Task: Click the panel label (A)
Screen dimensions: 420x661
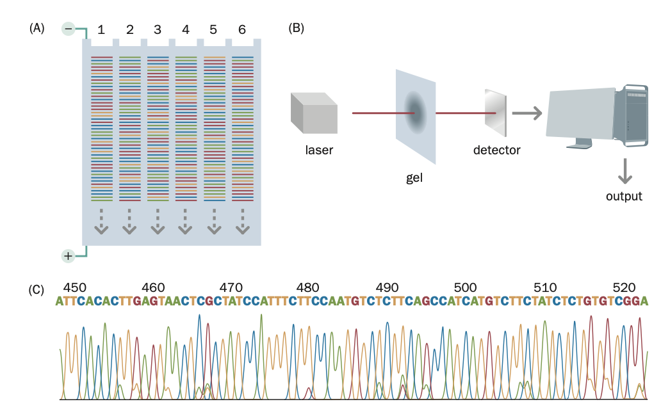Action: [37, 28]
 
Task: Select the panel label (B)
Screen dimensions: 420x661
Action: [297, 28]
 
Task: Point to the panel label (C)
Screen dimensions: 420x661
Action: [37, 289]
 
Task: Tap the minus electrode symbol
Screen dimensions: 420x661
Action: [69, 29]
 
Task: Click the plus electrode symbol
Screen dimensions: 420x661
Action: [68, 256]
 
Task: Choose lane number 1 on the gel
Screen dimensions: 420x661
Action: [101, 29]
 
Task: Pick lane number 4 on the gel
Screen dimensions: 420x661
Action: [186, 29]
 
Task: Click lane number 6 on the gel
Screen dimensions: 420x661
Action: [241, 29]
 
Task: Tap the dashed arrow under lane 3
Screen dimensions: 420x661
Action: [158, 222]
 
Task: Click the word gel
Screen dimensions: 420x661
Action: [414, 177]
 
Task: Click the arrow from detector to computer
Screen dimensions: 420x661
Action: [526, 113]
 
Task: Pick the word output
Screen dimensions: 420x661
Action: [624, 196]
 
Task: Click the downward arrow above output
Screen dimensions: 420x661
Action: [624, 170]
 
